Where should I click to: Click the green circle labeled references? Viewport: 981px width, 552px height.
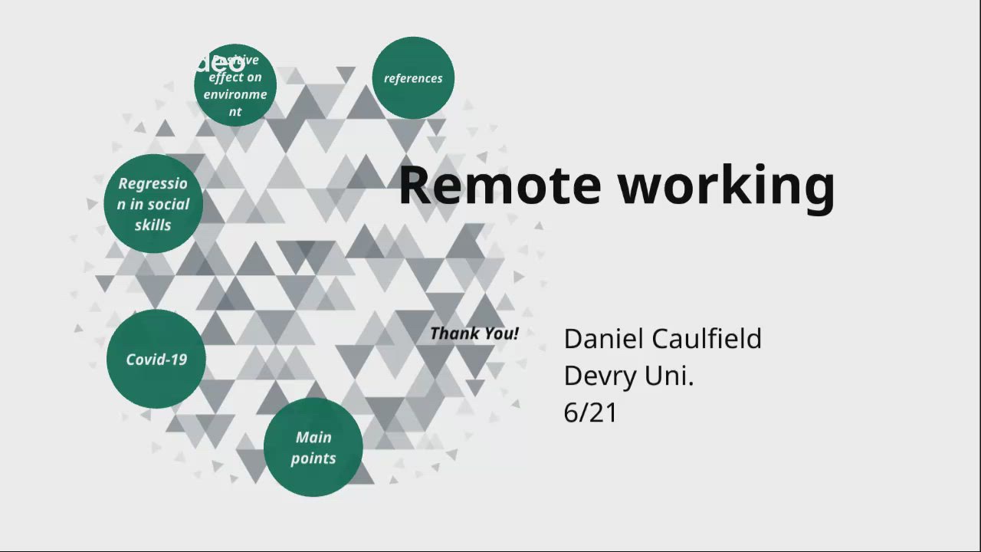(413, 78)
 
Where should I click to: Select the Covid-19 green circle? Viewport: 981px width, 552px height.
(156, 359)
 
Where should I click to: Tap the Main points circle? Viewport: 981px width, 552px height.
(313, 447)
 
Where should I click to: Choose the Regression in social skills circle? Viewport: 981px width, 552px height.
(153, 204)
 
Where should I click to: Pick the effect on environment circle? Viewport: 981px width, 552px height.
(235, 85)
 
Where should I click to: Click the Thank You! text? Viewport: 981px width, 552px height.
(474, 333)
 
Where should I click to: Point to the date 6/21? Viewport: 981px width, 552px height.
(590, 412)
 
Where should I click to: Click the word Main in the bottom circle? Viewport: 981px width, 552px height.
(313, 437)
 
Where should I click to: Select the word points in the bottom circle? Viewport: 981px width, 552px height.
(313, 458)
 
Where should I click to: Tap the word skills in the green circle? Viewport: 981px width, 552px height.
(153, 225)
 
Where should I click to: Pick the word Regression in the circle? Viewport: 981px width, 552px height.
(153, 184)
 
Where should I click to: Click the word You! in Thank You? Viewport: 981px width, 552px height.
(500, 333)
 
